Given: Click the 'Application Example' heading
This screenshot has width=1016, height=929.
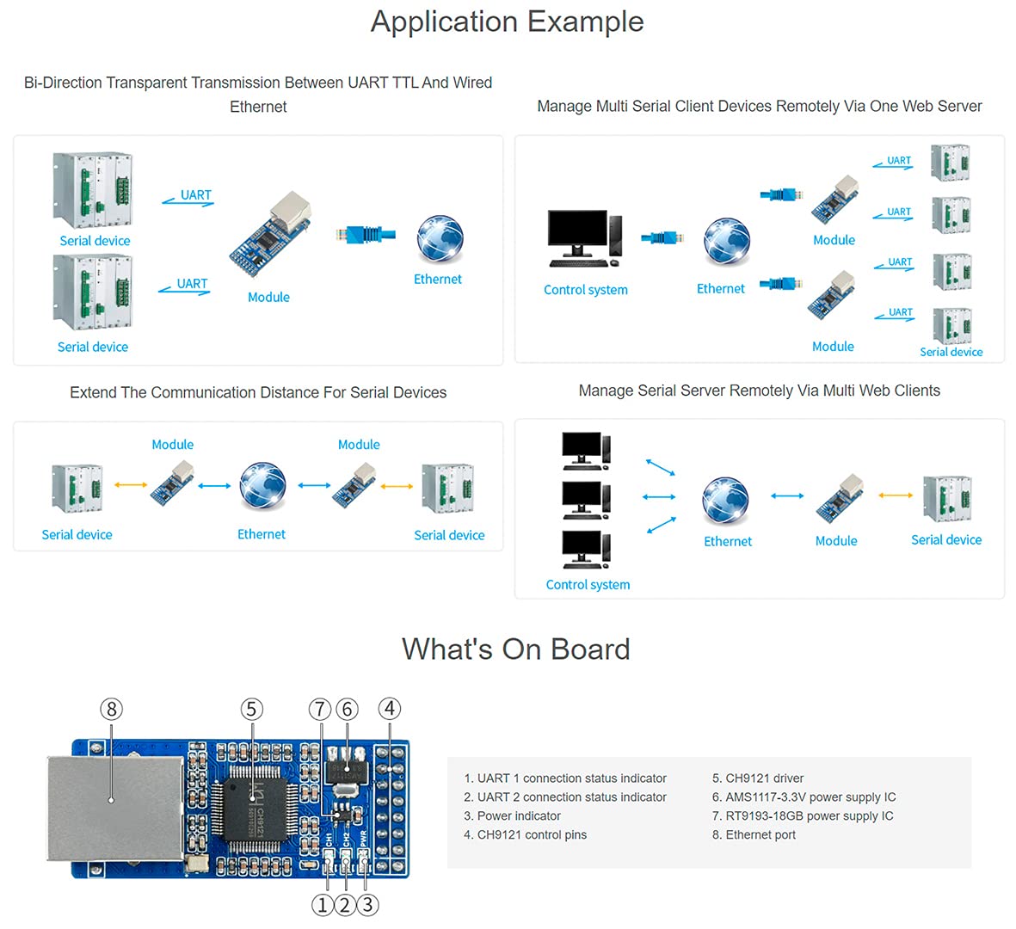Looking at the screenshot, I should click(507, 22).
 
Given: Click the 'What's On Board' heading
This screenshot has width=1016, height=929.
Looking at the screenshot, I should click(515, 649).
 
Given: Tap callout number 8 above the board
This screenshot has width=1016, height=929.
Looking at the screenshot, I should click(111, 709).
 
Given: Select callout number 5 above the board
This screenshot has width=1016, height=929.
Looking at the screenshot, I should click(251, 709).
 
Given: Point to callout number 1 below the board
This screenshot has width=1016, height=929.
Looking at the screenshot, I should click(322, 905).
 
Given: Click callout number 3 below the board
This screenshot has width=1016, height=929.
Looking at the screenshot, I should click(367, 905).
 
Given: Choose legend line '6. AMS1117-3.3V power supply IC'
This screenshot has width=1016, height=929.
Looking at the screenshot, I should click(804, 797).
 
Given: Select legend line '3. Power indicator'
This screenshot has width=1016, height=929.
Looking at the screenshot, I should click(512, 816).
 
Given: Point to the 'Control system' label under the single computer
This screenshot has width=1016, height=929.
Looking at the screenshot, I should click(585, 290).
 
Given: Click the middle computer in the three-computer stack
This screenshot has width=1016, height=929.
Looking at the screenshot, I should click(586, 499).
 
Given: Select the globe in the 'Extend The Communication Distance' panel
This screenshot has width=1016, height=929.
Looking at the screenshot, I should click(262, 486).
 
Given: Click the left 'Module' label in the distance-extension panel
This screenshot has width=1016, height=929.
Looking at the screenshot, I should click(172, 445).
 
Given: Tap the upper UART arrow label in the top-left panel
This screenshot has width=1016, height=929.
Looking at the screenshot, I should click(195, 195).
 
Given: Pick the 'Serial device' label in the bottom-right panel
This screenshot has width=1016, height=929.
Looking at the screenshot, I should click(945, 540).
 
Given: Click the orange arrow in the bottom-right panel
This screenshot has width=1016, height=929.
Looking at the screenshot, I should click(896, 495).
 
